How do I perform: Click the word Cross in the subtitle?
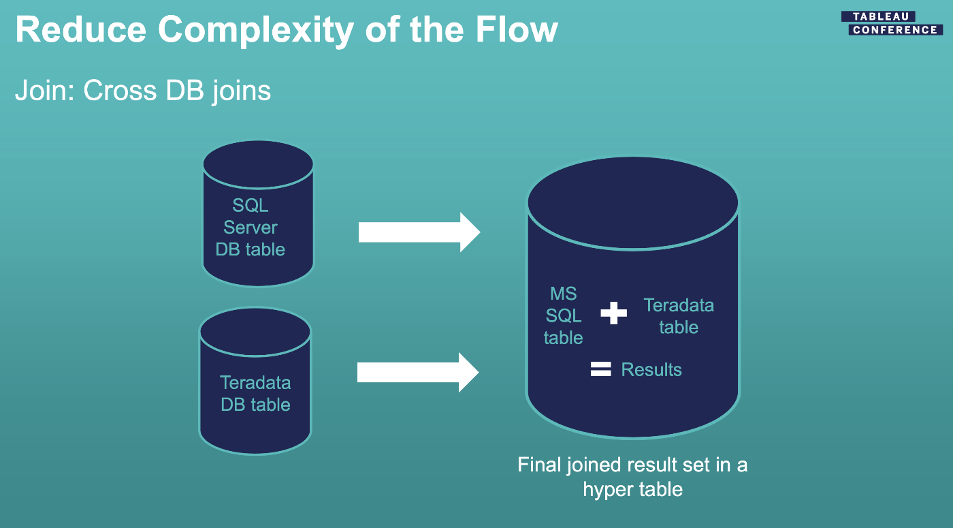120,91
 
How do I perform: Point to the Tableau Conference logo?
892,23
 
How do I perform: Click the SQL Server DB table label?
251,228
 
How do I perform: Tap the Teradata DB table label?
255,394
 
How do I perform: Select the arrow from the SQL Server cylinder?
419,232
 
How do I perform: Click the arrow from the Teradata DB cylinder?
418,373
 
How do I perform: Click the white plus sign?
613,313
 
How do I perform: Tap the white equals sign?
600,369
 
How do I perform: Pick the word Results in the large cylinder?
651,369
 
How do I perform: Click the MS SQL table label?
564,315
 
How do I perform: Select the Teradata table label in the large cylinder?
679,316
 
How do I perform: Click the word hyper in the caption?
610,490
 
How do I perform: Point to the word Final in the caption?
539,465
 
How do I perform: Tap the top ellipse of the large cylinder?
633,203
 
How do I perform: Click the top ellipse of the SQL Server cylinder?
258,165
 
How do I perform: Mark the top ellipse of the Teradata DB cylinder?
255,332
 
